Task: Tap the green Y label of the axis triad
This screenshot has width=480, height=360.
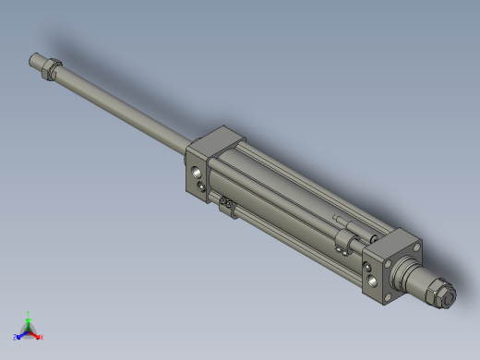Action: coord(29,314)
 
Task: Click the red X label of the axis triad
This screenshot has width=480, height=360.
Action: coord(42,337)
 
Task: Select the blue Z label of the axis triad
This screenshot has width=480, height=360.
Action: coord(16,338)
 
